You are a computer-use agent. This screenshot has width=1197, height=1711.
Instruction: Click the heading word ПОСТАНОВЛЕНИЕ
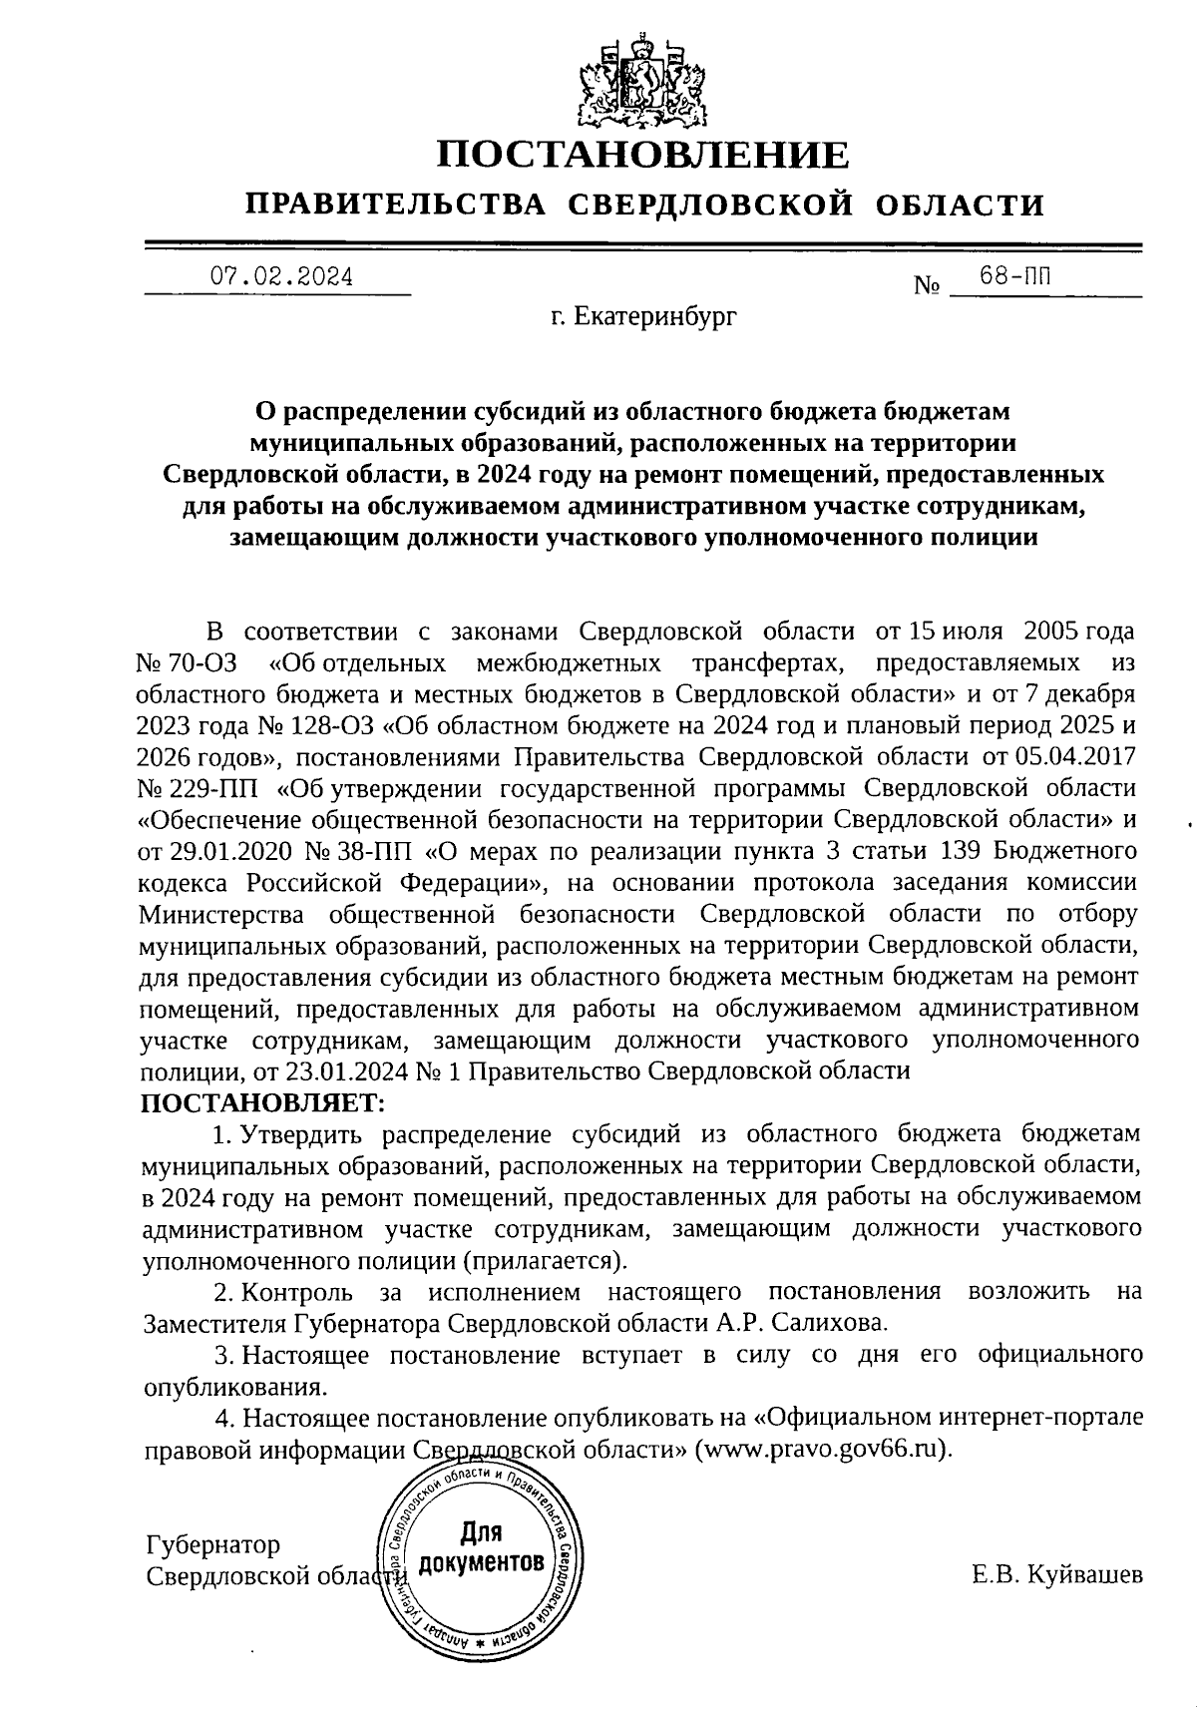click(644, 156)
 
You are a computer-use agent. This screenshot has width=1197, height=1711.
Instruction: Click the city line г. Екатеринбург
click(643, 318)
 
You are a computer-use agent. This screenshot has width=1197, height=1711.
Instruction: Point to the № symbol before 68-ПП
click(927, 287)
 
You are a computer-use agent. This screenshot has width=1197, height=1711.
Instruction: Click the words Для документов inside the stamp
click(482, 1546)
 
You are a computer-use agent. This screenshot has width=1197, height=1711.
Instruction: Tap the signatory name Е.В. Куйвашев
click(1057, 1576)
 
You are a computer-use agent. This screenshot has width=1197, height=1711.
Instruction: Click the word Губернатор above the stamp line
click(212, 1545)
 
